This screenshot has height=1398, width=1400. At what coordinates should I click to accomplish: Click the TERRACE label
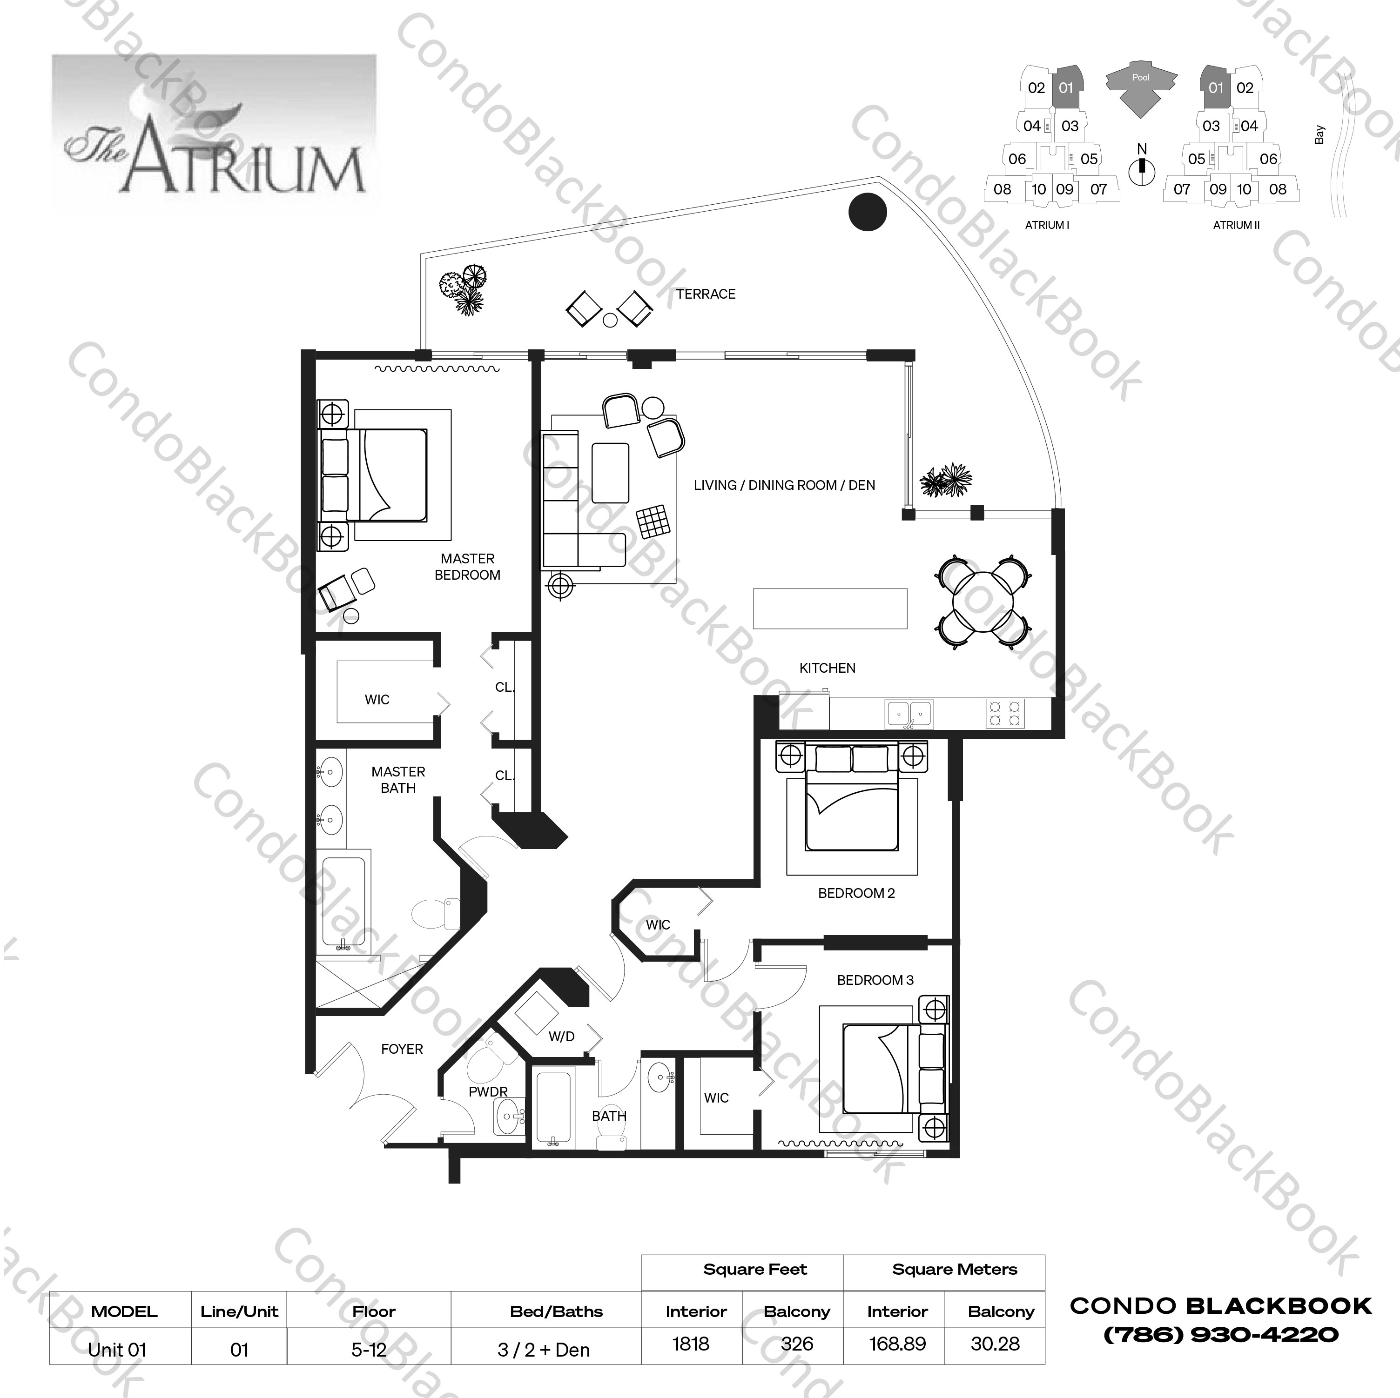705,294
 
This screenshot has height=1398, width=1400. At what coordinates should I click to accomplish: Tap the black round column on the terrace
868,212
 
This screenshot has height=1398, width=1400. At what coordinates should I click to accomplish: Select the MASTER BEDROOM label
467,567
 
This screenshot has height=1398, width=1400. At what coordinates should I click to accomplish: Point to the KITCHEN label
827,668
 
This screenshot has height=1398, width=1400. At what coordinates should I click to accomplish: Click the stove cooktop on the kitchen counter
1005,713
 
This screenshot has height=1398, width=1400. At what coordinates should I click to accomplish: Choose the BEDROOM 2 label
856,893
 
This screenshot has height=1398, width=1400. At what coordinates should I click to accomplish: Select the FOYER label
402,1049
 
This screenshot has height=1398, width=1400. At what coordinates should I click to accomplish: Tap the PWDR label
488,1091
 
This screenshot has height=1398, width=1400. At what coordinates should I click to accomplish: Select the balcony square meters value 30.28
995,1344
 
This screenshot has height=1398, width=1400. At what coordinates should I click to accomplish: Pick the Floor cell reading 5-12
369,1350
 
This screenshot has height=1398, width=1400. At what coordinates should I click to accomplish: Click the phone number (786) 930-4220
1220,1334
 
